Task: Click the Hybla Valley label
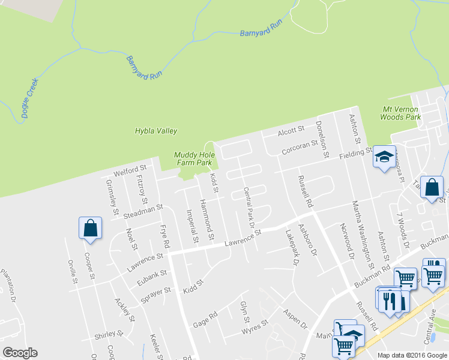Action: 156,131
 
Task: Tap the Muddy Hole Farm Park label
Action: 193,158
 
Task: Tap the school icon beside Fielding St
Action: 384,157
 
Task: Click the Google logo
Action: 20,353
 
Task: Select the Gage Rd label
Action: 205,320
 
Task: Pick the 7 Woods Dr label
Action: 402,229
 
